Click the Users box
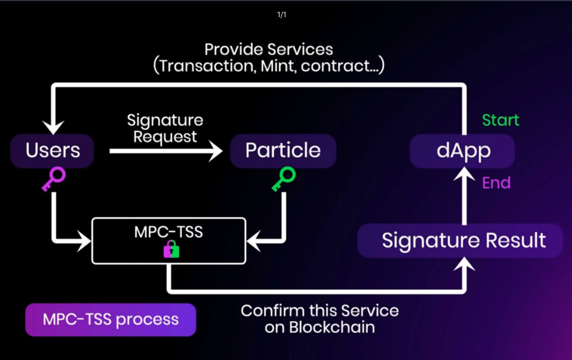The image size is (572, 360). [53, 151]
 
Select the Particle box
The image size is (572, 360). [283, 151]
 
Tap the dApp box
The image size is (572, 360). [462, 151]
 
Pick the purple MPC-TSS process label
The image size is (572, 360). [110, 320]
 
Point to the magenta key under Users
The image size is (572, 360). [54, 179]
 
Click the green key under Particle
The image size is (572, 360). [284, 179]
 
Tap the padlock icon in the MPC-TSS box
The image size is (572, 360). [171, 249]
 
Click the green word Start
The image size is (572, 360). [500, 120]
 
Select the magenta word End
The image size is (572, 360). [496, 183]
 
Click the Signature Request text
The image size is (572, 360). [165, 129]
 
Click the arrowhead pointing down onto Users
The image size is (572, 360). [53, 127]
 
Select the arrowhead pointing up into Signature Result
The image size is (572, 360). [464, 265]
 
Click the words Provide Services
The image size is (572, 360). [269, 50]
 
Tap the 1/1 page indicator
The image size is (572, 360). [282, 14]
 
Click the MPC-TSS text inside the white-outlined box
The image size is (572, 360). [169, 232]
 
